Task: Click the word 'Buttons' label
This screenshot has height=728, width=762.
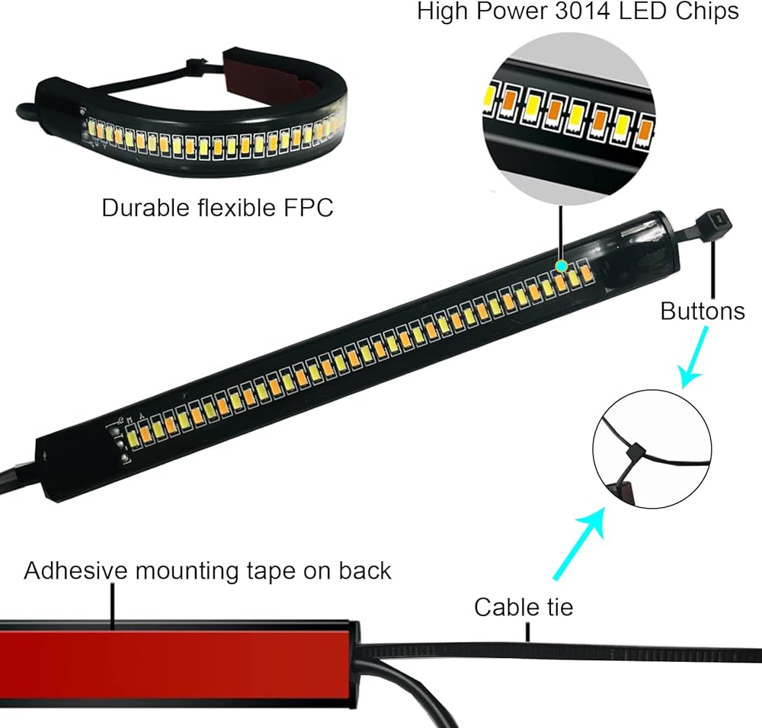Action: coord(703,311)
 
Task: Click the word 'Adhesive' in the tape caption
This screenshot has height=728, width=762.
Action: coord(75,570)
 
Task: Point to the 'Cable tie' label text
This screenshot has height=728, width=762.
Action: coord(523,607)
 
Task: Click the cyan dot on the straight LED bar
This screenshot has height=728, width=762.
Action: coord(562,266)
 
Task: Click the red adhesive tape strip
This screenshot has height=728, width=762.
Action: coord(175,664)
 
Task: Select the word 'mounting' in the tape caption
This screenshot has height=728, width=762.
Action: coord(187,572)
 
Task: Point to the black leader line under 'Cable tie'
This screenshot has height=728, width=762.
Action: coord(528,632)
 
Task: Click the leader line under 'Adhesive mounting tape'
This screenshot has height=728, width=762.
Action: coord(113,607)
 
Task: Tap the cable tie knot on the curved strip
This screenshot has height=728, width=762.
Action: coord(194,64)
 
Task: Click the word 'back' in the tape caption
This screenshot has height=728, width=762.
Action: coord(365,570)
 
